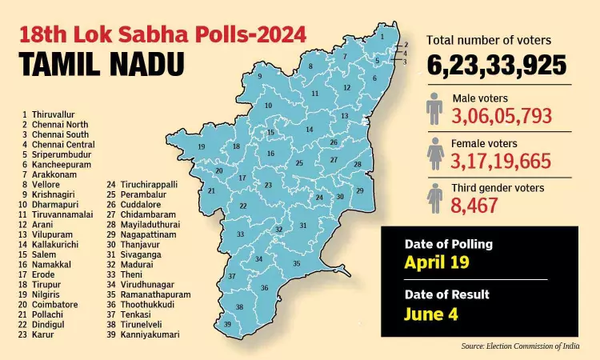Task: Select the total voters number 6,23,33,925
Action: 496,65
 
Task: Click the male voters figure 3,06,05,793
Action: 502,116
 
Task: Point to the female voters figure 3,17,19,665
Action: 502,162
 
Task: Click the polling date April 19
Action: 437,262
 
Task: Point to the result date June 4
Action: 432,314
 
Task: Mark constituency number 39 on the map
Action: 227,324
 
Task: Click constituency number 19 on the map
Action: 202,147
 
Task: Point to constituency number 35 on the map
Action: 296,263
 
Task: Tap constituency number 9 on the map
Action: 260,76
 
